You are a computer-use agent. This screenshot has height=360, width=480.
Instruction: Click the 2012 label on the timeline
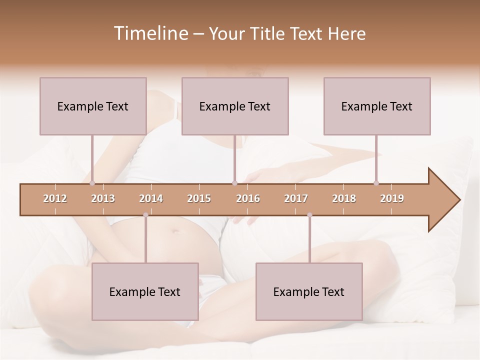tap(55, 198)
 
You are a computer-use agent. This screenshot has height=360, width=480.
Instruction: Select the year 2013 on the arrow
tap(103, 198)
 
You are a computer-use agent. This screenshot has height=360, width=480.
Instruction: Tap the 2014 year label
tap(151, 198)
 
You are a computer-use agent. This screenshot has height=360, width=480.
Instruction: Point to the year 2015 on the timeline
tap(199, 198)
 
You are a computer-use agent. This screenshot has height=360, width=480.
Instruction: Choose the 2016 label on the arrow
tap(248, 198)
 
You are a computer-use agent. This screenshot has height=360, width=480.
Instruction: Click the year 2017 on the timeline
tap(296, 198)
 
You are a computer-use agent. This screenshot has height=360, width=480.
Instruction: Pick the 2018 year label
tap(344, 198)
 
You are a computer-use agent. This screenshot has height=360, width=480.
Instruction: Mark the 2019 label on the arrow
tap(392, 198)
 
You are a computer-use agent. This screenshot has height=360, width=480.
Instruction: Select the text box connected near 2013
tap(93, 106)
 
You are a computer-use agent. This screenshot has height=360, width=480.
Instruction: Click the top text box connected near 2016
tap(235, 106)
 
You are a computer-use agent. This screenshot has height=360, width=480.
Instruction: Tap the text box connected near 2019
tap(377, 106)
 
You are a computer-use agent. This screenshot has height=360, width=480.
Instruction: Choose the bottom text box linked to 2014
tap(145, 291)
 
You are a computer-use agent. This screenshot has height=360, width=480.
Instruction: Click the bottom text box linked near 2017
tap(309, 291)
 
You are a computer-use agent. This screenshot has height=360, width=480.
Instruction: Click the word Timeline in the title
tap(150, 33)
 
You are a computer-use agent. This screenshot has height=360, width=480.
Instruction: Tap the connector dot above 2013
tap(92, 183)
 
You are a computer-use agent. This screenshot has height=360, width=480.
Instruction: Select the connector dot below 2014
tap(145, 215)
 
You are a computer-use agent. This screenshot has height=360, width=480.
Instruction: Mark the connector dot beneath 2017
tap(309, 215)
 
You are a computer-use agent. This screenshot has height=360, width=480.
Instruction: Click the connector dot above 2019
tap(376, 183)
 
